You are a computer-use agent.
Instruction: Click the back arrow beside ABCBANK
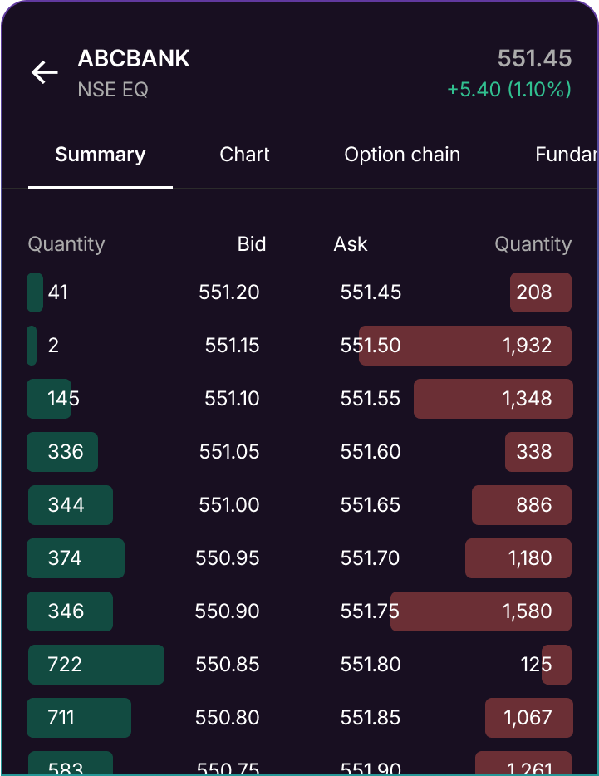[45, 73]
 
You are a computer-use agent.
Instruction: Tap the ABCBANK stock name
[134, 59]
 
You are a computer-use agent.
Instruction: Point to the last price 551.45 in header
[534, 59]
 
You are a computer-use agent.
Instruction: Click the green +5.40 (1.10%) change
[508, 90]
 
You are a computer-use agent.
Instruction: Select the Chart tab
[244, 155]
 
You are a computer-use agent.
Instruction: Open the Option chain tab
[402, 155]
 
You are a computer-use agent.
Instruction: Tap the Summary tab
[101, 155]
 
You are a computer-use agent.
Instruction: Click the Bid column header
[251, 244]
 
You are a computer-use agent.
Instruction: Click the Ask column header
[351, 244]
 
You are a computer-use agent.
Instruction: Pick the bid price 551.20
[229, 292]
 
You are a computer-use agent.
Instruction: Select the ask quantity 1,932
[527, 346]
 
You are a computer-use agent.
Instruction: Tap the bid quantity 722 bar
[96, 665]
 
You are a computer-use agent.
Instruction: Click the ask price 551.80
[371, 665]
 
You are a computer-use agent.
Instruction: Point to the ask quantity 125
[536, 665]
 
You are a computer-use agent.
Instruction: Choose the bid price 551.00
[229, 505]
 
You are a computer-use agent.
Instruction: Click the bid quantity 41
[57, 292]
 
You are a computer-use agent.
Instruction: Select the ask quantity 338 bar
[538, 452]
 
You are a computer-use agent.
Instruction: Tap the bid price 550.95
[228, 558]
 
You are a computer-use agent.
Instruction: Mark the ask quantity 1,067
[528, 718]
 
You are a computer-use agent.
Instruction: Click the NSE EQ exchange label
[113, 90]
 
